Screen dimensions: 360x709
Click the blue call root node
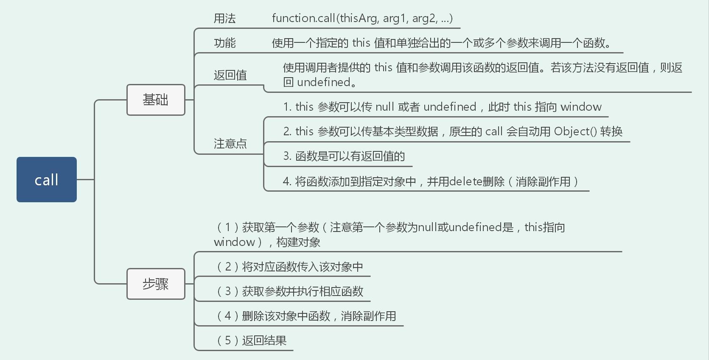click(x=47, y=179)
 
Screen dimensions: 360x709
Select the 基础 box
click(x=156, y=100)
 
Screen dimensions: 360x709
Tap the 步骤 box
click(x=156, y=284)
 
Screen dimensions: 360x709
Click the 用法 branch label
click(x=224, y=18)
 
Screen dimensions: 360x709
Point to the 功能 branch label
click(x=224, y=43)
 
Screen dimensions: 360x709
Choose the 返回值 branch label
click(x=230, y=75)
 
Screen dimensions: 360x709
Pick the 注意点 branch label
click(x=230, y=144)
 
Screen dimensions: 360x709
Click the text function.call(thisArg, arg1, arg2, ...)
click(x=362, y=18)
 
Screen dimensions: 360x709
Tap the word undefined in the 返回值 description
click(x=323, y=82)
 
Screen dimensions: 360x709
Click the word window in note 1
click(x=581, y=107)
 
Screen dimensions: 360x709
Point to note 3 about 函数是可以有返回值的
click(x=344, y=156)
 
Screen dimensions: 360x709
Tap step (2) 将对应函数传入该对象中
click(x=290, y=267)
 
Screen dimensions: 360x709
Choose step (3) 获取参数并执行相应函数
click(x=290, y=291)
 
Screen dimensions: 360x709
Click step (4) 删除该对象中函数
click(x=306, y=316)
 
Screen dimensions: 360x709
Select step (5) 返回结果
click(x=252, y=340)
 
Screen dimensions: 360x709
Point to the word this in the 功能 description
click(x=361, y=43)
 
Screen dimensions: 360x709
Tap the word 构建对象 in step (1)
click(x=298, y=243)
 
